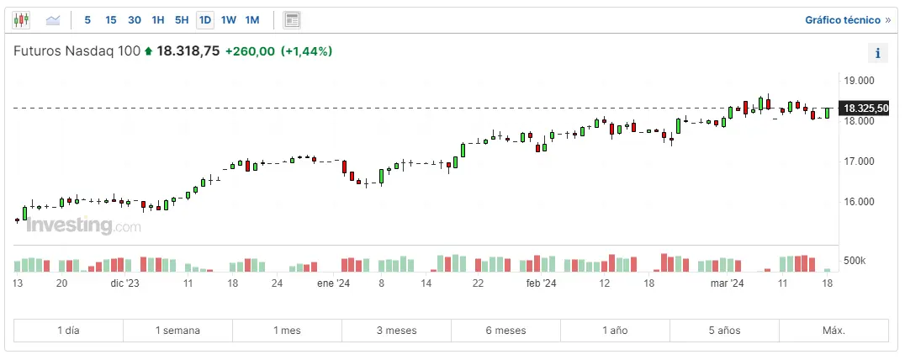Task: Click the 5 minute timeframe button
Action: (87, 19)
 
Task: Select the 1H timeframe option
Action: (158, 19)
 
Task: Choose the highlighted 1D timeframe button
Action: (205, 19)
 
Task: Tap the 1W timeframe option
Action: (229, 19)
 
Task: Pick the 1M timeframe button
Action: (252, 19)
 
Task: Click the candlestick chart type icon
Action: (21, 19)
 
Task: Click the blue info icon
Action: (877, 53)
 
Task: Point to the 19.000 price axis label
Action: (859, 81)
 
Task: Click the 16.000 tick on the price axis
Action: (859, 202)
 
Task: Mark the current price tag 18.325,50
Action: (865, 109)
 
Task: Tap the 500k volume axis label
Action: (855, 261)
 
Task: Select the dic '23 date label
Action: (124, 284)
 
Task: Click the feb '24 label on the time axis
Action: (541, 284)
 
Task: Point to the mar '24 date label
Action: (728, 284)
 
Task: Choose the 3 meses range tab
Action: (396, 331)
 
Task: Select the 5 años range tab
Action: (724, 331)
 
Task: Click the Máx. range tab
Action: (834, 331)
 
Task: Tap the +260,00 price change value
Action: (250, 51)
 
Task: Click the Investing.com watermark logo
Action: (83, 225)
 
